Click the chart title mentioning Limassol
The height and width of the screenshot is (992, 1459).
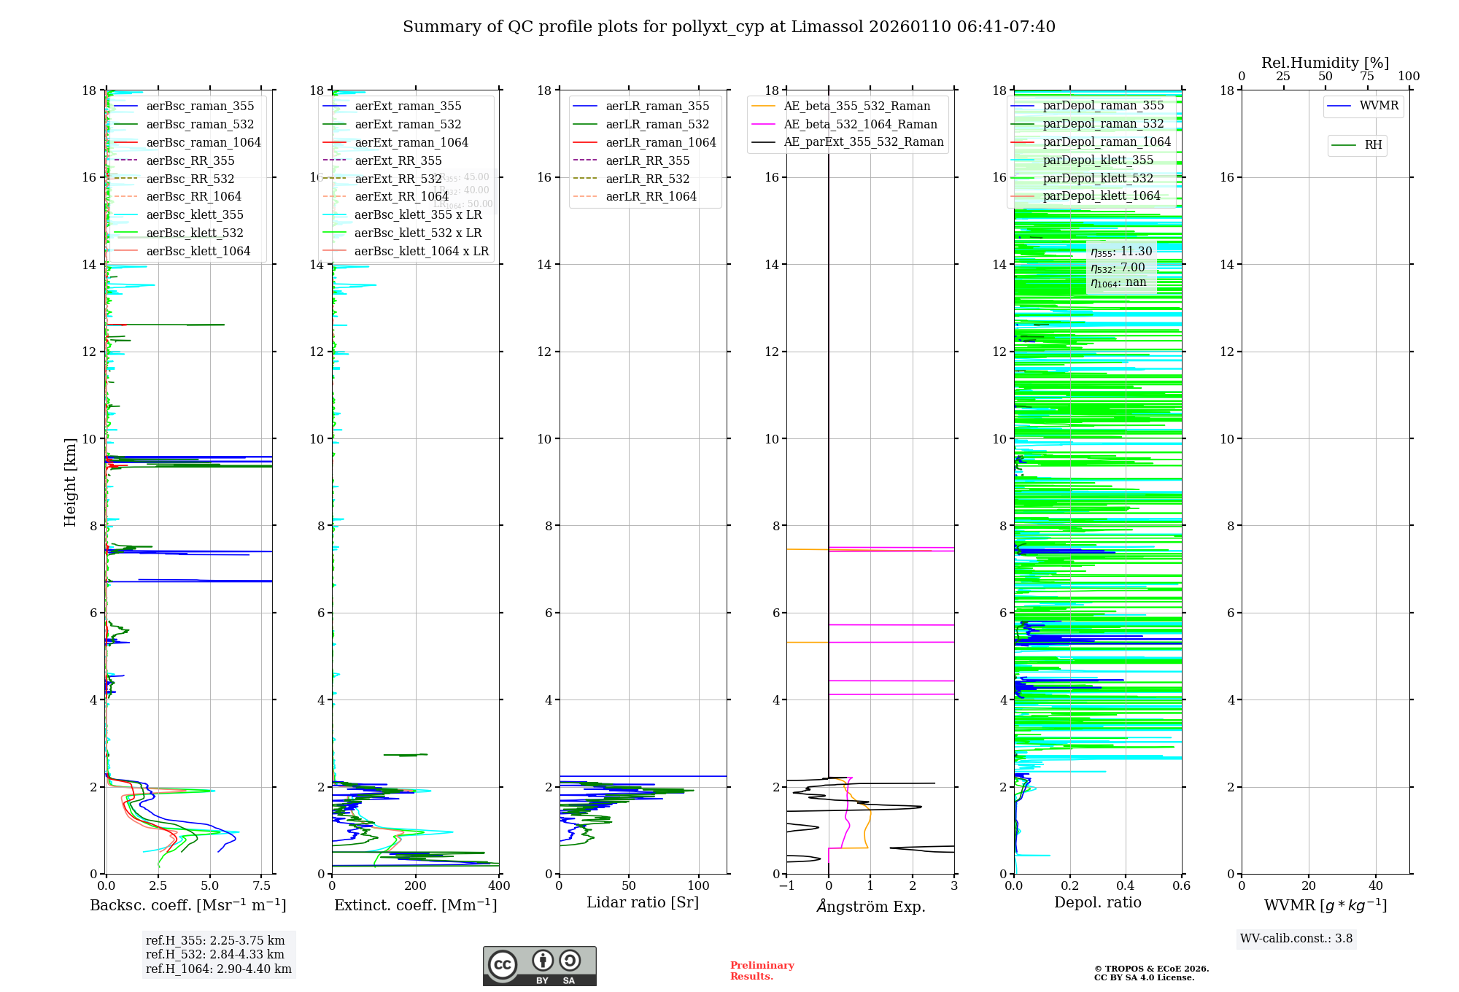point(729,27)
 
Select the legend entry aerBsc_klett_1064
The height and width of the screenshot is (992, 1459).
point(198,251)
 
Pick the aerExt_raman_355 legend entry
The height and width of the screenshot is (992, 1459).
point(408,106)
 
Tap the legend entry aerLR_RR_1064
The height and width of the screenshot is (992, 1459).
point(651,197)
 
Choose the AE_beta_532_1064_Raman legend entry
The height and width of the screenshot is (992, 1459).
point(860,125)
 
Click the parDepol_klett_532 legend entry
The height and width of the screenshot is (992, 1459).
point(1098,178)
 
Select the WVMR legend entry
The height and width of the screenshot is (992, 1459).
point(1379,106)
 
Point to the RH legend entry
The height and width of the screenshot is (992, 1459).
point(1373,145)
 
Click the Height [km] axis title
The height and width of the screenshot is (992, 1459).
point(70,481)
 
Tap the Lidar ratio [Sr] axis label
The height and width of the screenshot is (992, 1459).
point(643,903)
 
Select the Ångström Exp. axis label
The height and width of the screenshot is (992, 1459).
point(870,906)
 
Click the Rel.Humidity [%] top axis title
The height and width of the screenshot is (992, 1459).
point(1325,63)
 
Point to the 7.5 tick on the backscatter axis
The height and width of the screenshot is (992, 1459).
point(262,886)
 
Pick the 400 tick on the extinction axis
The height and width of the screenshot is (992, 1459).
point(499,886)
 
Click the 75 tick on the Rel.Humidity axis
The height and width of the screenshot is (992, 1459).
point(1367,77)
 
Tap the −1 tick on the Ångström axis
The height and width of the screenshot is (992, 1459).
point(786,886)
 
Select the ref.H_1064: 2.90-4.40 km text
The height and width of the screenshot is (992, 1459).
point(218,969)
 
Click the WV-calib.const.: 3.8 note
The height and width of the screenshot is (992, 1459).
point(1296,939)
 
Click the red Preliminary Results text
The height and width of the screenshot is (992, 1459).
point(762,971)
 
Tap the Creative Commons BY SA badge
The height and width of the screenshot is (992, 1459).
point(539,966)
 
